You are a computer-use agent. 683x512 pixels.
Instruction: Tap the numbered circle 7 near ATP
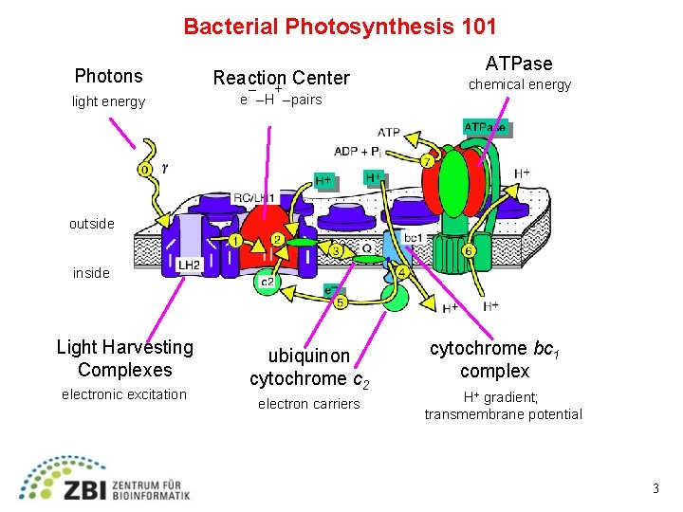428,161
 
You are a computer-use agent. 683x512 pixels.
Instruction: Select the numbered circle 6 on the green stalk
470,250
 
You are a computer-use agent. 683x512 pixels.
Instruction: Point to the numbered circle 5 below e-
340,303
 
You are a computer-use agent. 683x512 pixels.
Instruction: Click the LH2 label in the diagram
189,265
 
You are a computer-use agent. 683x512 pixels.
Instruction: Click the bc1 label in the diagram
414,237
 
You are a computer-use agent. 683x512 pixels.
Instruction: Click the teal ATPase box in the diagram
485,126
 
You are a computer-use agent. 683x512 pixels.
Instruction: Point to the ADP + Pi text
359,151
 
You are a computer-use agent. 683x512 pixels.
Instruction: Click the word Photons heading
108,76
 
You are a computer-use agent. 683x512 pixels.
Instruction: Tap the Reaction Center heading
281,78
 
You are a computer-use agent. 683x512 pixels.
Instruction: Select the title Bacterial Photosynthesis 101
340,26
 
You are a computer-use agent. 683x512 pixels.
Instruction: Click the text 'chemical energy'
520,84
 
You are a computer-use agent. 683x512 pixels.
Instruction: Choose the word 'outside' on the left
91,224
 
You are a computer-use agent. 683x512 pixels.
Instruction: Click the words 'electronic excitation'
124,394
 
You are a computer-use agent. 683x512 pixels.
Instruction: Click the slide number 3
655,488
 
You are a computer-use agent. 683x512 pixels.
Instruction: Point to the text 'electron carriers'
309,404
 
